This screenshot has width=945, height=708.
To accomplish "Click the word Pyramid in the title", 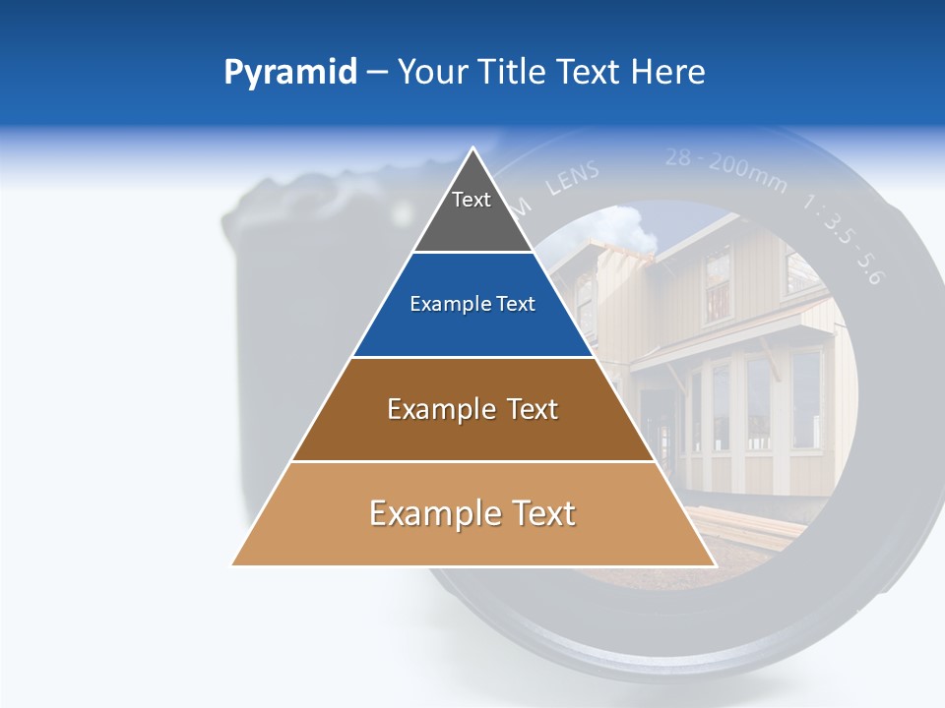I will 289,73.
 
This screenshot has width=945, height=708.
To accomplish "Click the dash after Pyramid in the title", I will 376,74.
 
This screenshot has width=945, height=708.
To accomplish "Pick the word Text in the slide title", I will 592,73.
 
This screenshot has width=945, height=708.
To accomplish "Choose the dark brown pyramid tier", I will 472,409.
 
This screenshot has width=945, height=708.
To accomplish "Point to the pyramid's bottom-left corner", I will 233,564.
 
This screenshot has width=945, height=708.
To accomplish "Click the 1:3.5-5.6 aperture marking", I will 844,242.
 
